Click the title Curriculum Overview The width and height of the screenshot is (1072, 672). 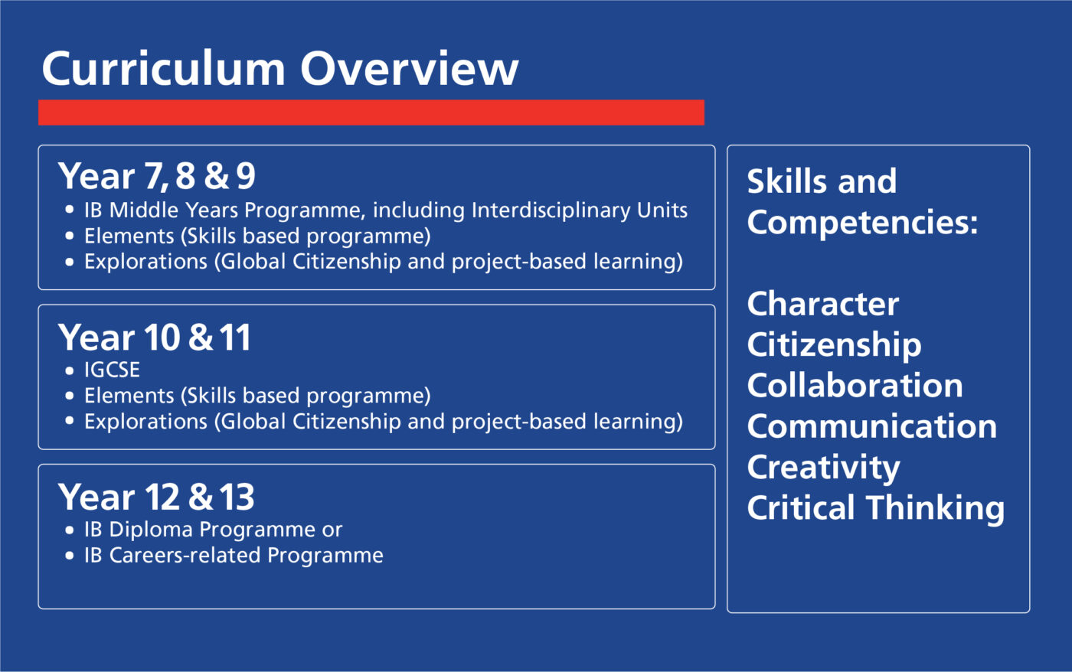(279, 69)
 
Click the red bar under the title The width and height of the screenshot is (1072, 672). (371, 113)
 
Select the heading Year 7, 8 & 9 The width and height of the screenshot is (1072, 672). (157, 176)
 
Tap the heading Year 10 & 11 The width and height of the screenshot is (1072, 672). (155, 338)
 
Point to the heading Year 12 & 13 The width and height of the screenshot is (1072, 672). (156, 497)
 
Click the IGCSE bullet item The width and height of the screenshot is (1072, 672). (112, 370)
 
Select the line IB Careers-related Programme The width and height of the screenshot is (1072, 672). (234, 556)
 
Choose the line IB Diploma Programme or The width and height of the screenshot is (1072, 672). (213, 530)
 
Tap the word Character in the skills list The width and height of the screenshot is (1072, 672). (822, 304)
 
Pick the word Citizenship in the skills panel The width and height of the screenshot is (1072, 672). (834, 345)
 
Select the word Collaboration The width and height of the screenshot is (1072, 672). (855, 386)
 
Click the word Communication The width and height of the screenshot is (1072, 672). (871, 426)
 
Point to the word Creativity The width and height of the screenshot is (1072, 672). (823, 468)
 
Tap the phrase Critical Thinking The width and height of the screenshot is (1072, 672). (875, 508)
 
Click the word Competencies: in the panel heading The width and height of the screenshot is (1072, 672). (862, 223)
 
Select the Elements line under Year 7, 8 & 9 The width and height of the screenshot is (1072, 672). (257, 237)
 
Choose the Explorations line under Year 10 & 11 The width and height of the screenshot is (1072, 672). (383, 422)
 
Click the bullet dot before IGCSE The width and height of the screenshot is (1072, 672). (70, 370)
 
